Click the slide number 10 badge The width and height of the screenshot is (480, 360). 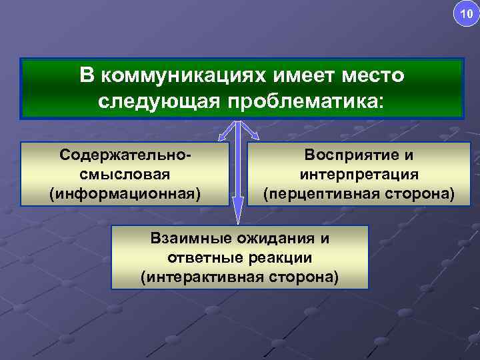(465, 13)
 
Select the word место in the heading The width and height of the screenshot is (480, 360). (370, 75)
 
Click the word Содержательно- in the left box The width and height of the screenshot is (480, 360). (125, 155)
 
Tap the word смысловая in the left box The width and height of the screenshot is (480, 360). (125, 174)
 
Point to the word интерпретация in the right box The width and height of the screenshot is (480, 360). (359, 174)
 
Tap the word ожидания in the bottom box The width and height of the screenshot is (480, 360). (274, 238)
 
